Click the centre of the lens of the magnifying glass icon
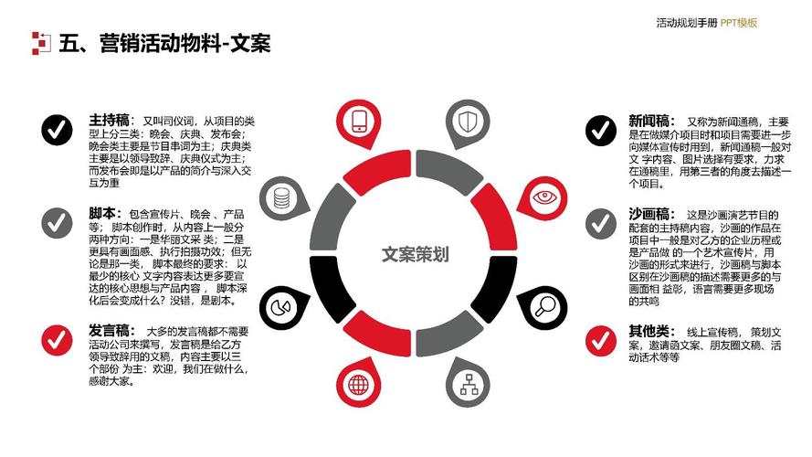click(x=547, y=304)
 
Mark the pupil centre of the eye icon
click(x=544, y=197)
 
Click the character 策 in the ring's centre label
click(x=424, y=254)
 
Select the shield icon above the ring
click(x=469, y=122)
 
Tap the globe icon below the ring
click(x=358, y=385)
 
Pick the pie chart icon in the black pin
click(x=280, y=308)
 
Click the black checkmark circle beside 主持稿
click(x=57, y=130)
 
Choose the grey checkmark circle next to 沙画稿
click(x=601, y=224)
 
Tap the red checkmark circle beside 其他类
click(x=601, y=340)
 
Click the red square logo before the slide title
click(x=41, y=43)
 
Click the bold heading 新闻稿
click(x=649, y=122)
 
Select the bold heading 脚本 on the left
click(x=102, y=214)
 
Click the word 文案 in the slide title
click(x=250, y=43)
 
